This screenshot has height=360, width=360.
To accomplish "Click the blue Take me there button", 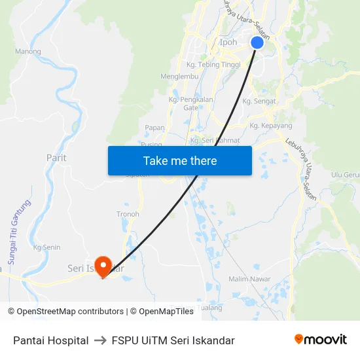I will click(x=180, y=160).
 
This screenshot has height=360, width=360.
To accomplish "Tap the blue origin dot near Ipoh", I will click(x=257, y=43).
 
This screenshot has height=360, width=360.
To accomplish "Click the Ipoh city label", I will click(x=228, y=43).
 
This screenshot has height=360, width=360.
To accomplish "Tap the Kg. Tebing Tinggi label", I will click(x=213, y=64).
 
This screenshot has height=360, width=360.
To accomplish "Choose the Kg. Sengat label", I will click(x=259, y=101).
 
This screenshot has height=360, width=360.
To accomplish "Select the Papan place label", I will click(x=154, y=128).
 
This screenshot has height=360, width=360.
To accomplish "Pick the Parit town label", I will click(x=56, y=158).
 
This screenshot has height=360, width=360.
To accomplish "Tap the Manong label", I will click(x=27, y=51).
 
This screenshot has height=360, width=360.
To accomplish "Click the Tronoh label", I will click(x=128, y=214).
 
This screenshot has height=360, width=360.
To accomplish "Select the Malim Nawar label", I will click(x=249, y=279).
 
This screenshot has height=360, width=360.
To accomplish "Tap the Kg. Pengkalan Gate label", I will click(x=190, y=103).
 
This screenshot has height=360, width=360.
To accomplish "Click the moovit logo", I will click(x=320, y=340).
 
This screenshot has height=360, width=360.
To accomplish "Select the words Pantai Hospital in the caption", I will click(x=51, y=340).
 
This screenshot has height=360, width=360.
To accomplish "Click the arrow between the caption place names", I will click(x=100, y=340).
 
